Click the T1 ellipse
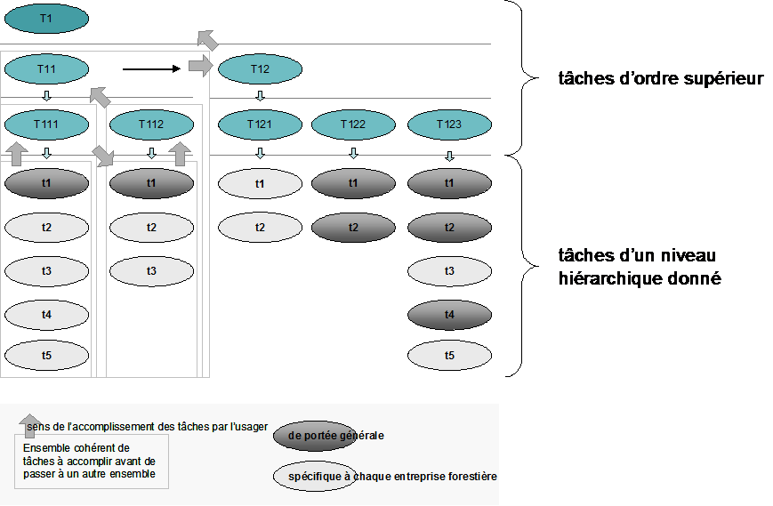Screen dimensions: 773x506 pos(46,19)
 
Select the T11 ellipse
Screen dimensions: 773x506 pos(46,69)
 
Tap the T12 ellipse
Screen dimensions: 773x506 pos(260,69)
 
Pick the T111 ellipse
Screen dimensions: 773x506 pos(46,124)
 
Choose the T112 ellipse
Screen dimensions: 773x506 pos(151,124)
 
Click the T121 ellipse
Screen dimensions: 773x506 pos(260,124)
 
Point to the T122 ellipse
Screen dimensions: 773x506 pos(353,124)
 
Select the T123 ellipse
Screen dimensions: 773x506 pos(449,124)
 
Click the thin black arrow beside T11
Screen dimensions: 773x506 pos(151,69)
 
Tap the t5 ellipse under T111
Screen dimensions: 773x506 pos(46,355)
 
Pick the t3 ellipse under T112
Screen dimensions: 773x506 pos(151,271)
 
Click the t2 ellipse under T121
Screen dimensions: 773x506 pos(260,227)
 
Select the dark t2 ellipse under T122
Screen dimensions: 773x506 pos(353,227)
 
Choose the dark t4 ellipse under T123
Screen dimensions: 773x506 pos(449,314)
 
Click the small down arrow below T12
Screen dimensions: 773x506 pos(260,95)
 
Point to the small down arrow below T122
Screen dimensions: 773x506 pos(353,153)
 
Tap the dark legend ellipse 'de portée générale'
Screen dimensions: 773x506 pos(315,436)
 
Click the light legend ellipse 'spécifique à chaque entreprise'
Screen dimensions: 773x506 pos(315,476)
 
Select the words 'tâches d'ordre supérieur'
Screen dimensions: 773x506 pos(661,78)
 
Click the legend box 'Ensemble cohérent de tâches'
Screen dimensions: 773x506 pos(92,462)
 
